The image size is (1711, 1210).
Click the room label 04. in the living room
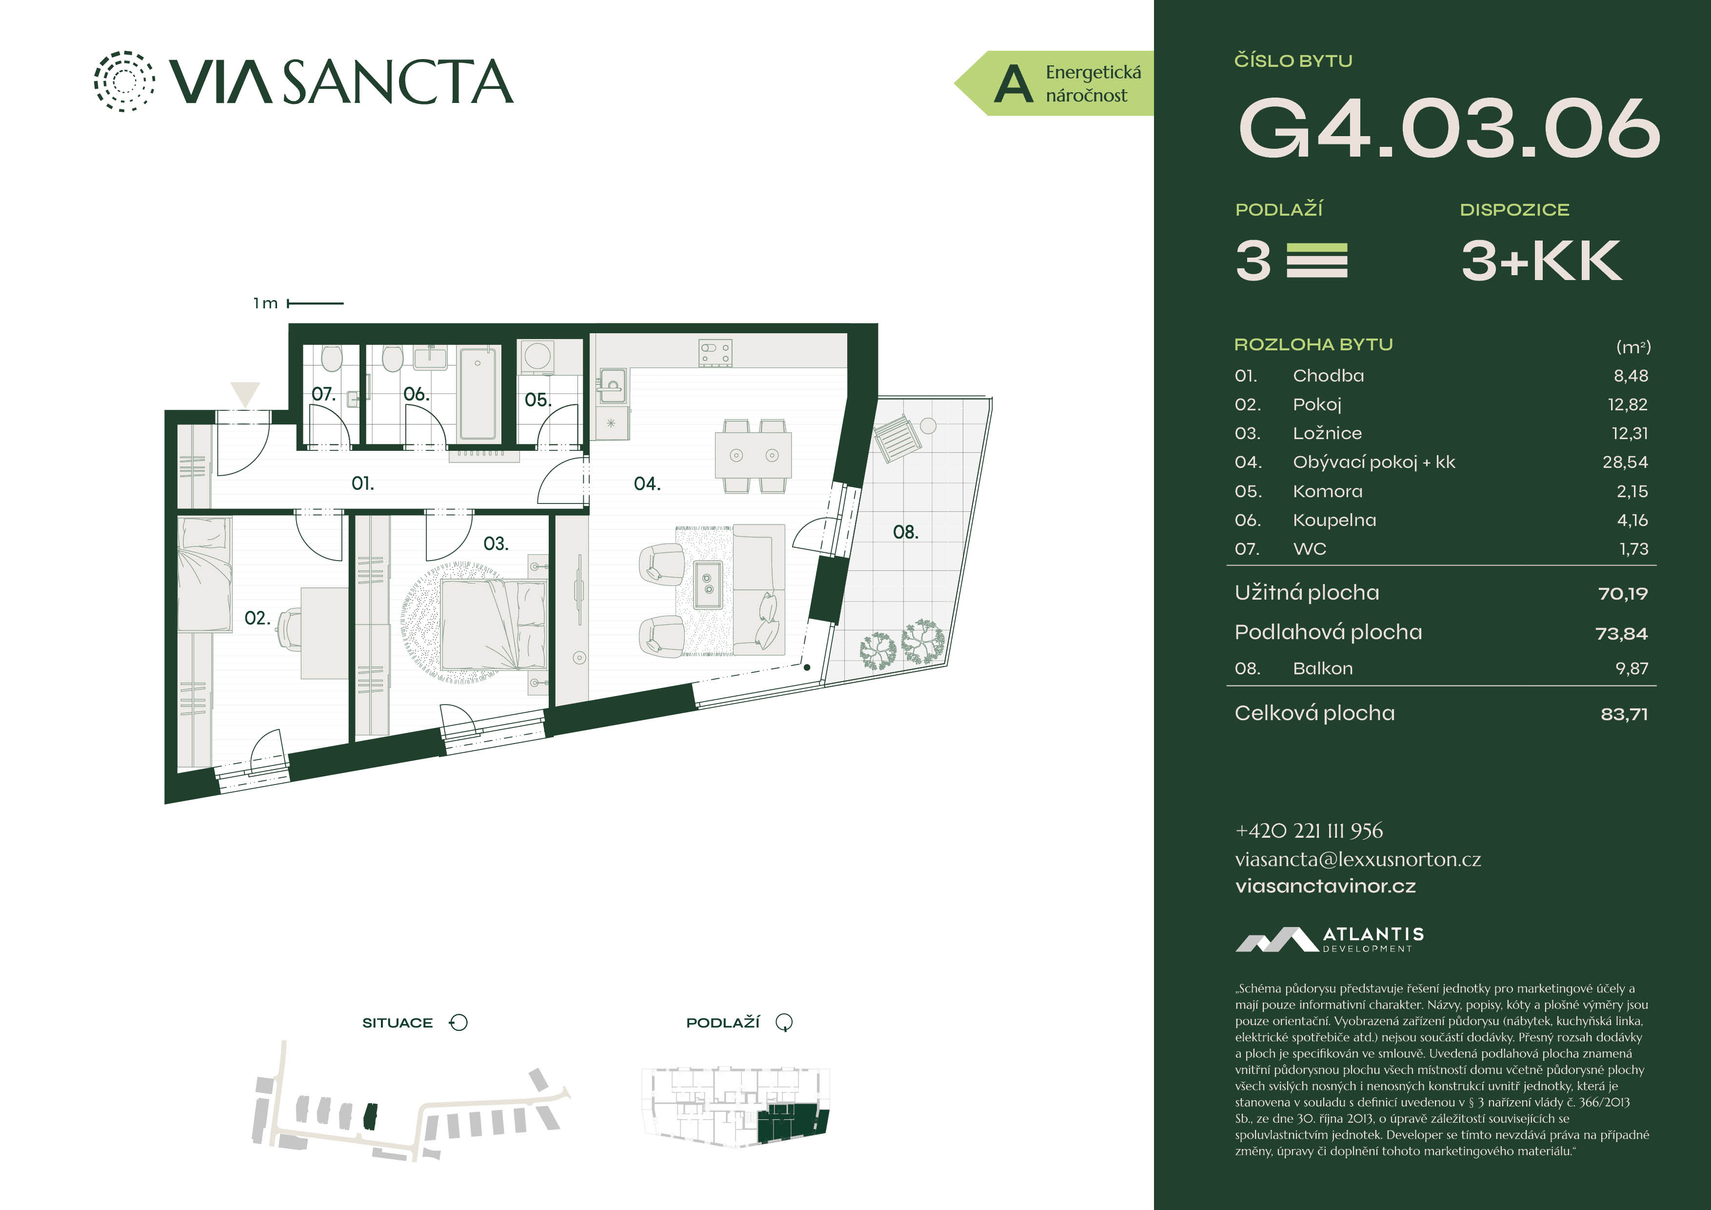click(647, 484)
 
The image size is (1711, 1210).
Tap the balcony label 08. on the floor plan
click(905, 532)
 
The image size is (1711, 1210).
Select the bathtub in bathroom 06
click(477, 393)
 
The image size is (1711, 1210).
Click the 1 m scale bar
click(315, 303)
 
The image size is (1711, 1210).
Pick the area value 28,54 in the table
click(1625, 462)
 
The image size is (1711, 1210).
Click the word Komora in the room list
click(1327, 491)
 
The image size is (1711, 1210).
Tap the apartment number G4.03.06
click(1449, 128)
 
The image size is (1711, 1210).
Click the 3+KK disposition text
click(1540, 261)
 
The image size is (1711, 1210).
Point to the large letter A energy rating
click(1014, 84)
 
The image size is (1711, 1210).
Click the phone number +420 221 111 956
click(1309, 830)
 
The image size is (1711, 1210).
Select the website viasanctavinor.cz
click(1325, 887)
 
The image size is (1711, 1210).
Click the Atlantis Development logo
click(1330, 939)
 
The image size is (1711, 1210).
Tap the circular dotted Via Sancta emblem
click(124, 81)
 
